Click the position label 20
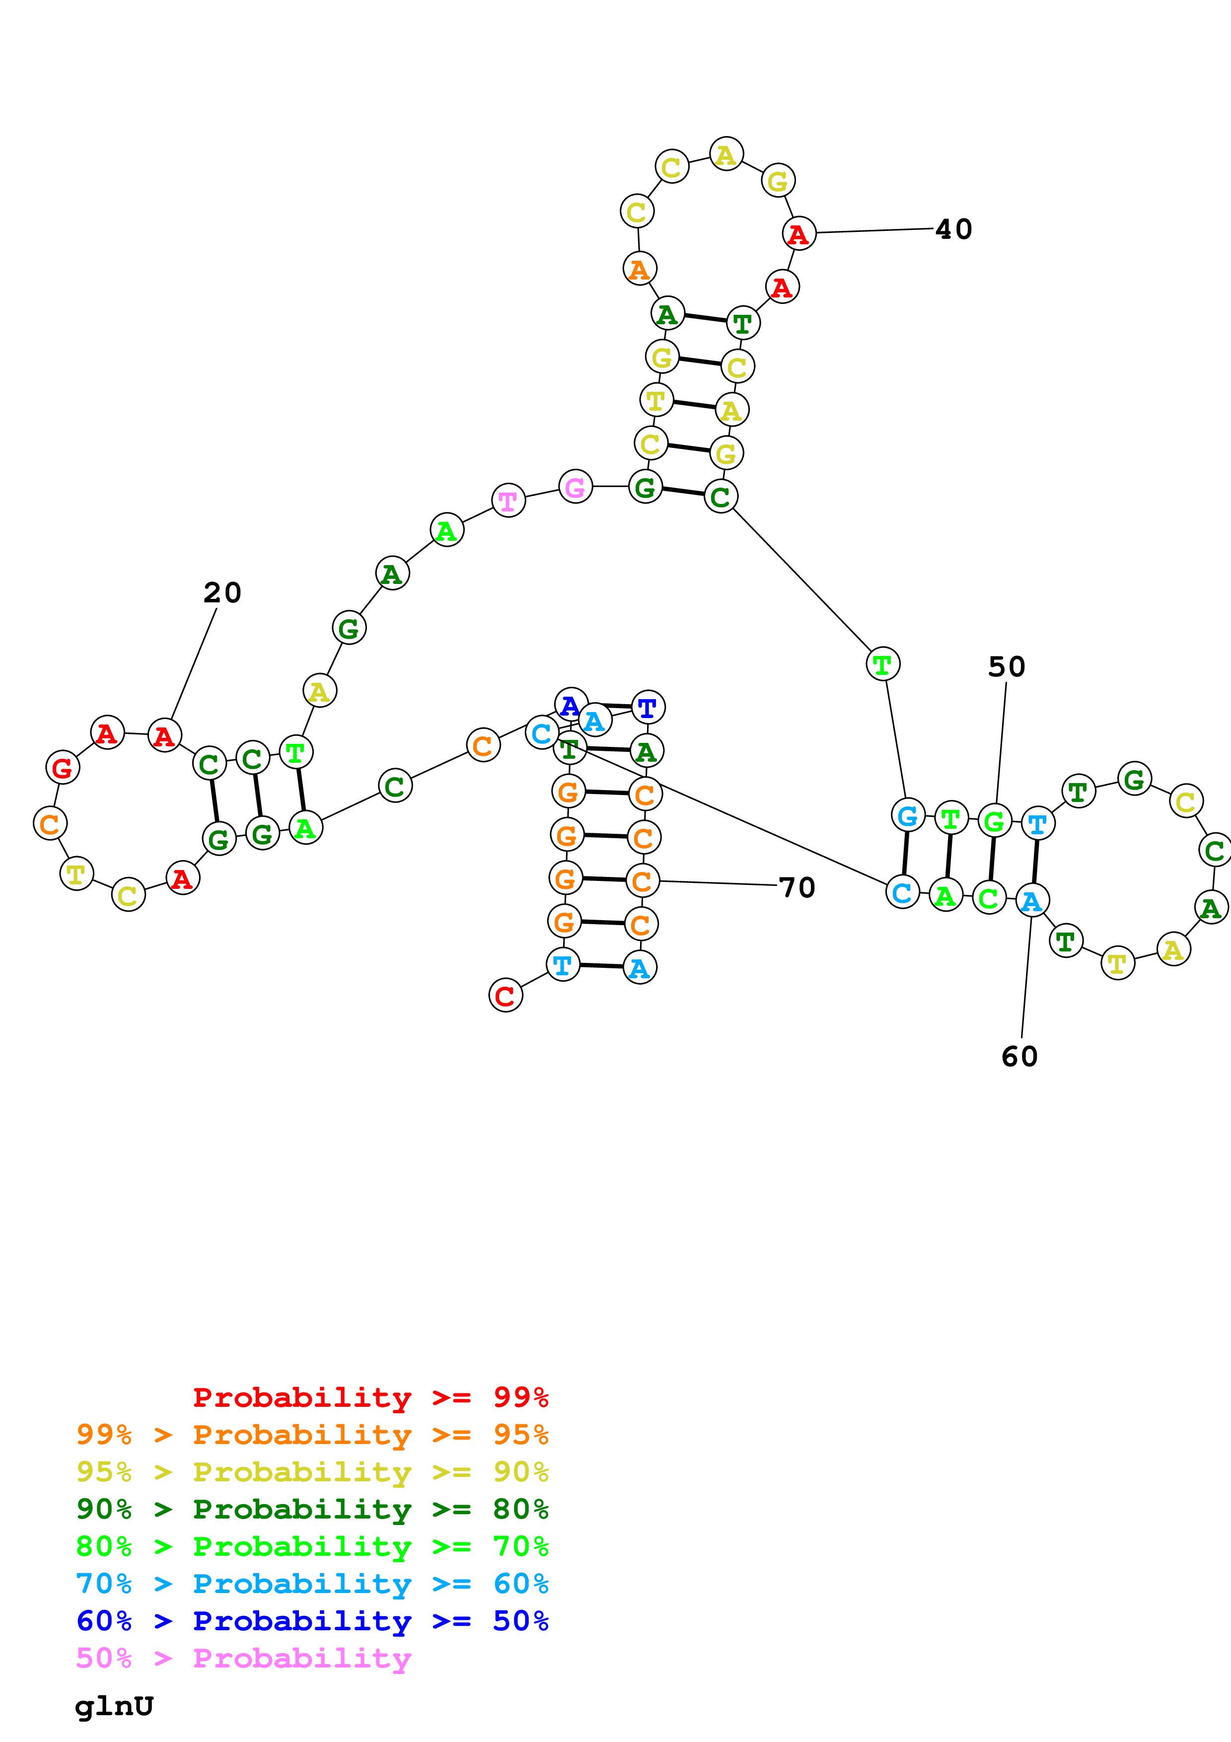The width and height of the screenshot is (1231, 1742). tap(222, 592)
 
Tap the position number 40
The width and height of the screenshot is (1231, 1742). tap(953, 229)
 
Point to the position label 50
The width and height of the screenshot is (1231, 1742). tap(1007, 667)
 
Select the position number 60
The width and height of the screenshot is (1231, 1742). tap(1019, 1056)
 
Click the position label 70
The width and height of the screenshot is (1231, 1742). tap(797, 888)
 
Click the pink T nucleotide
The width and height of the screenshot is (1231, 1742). tap(508, 501)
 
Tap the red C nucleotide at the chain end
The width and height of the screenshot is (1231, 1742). tap(506, 996)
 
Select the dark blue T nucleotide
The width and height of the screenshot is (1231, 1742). tap(648, 708)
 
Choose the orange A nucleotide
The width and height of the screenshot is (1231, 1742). tap(640, 269)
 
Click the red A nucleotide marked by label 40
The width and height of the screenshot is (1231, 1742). tap(798, 234)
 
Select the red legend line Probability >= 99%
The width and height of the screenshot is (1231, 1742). tap(371, 1397)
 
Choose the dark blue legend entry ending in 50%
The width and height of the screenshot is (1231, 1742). tap(312, 1621)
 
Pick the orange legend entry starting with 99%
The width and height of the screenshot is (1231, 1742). tap(312, 1434)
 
